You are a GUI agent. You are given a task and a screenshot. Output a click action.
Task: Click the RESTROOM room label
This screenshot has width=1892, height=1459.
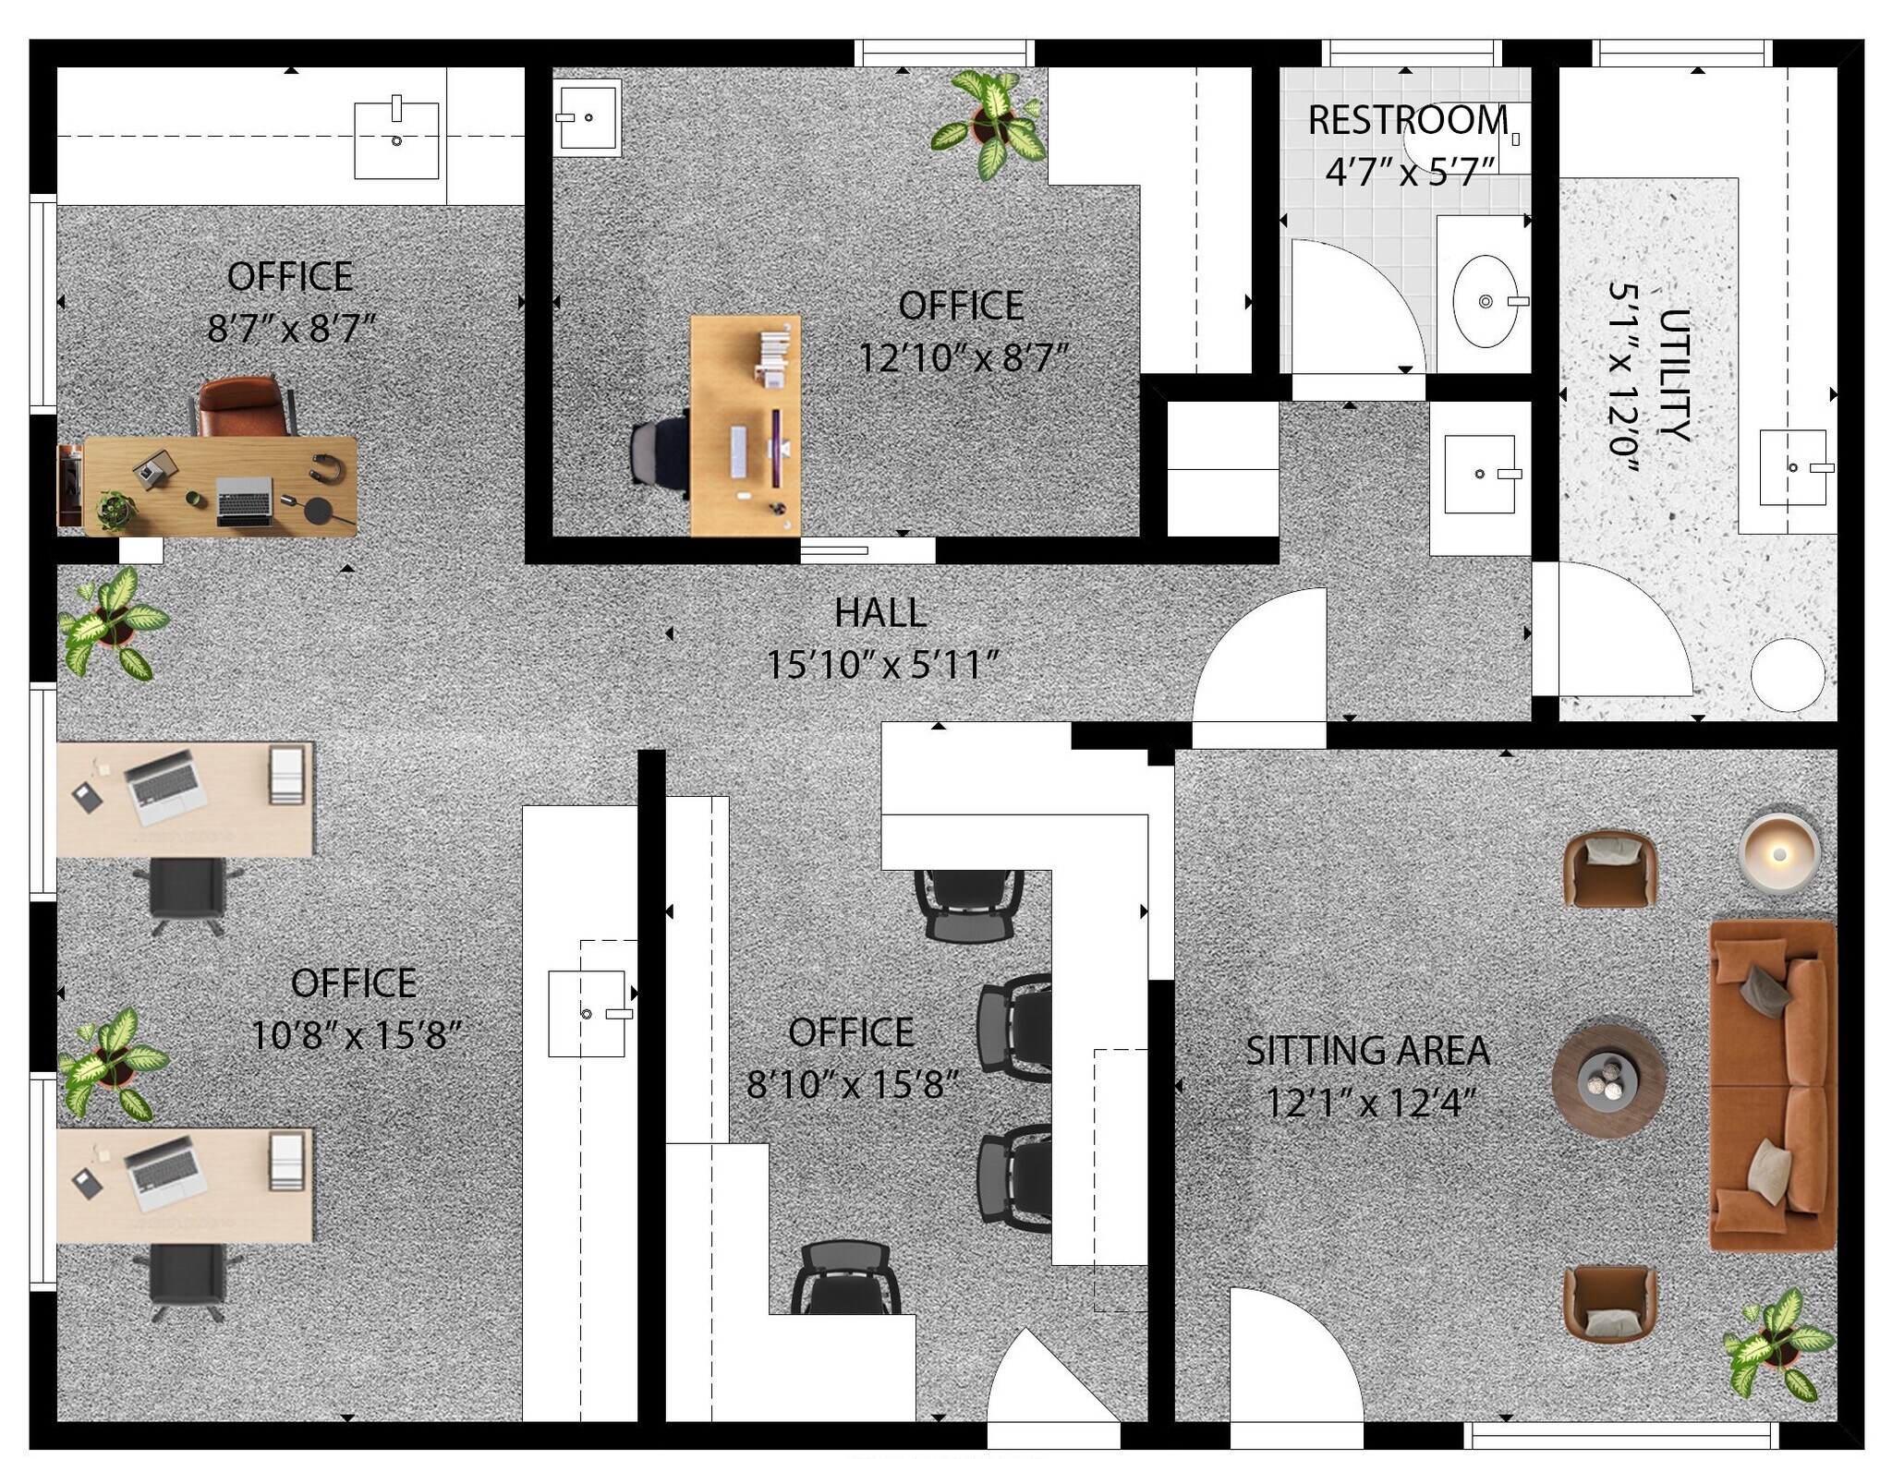pos(1408,120)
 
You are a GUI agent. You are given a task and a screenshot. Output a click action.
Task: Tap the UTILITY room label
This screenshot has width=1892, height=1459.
pos(1674,375)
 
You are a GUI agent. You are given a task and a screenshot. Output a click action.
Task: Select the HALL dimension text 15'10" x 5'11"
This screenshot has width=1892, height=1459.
pos(882,665)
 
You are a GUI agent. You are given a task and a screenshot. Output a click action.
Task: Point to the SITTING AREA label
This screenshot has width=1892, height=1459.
pos(1367,1050)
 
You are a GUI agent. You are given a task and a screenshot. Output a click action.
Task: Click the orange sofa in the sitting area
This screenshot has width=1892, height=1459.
pos(1773,1085)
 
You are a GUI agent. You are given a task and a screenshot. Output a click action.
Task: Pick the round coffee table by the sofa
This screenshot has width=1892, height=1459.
pos(1608,1079)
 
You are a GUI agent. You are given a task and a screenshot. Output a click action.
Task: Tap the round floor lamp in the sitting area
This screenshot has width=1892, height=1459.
pos(1779,854)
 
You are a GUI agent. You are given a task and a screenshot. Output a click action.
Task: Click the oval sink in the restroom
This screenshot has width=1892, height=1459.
pos(1485,301)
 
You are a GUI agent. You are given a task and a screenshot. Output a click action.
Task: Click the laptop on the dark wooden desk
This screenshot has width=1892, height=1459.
pos(244,502)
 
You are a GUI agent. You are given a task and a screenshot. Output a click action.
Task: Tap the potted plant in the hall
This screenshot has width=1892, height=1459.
pos(113,623)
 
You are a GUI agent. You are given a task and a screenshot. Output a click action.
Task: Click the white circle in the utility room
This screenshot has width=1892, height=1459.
pos(1788,675)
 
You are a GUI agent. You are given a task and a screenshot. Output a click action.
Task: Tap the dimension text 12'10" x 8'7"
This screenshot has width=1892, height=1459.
pos(962,358)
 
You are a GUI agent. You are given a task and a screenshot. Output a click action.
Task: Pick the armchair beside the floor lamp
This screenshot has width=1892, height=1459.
pos(1608,869)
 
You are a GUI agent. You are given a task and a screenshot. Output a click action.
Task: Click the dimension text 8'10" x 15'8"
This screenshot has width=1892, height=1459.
pos(852,1085)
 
